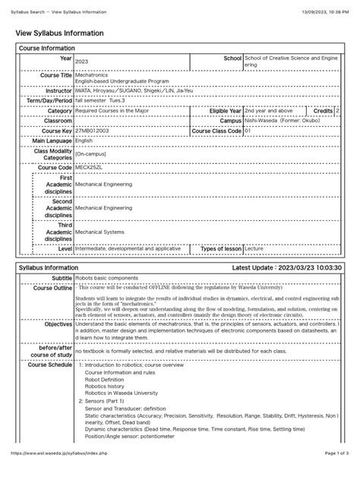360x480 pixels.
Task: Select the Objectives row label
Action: click(x=55, y=323)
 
